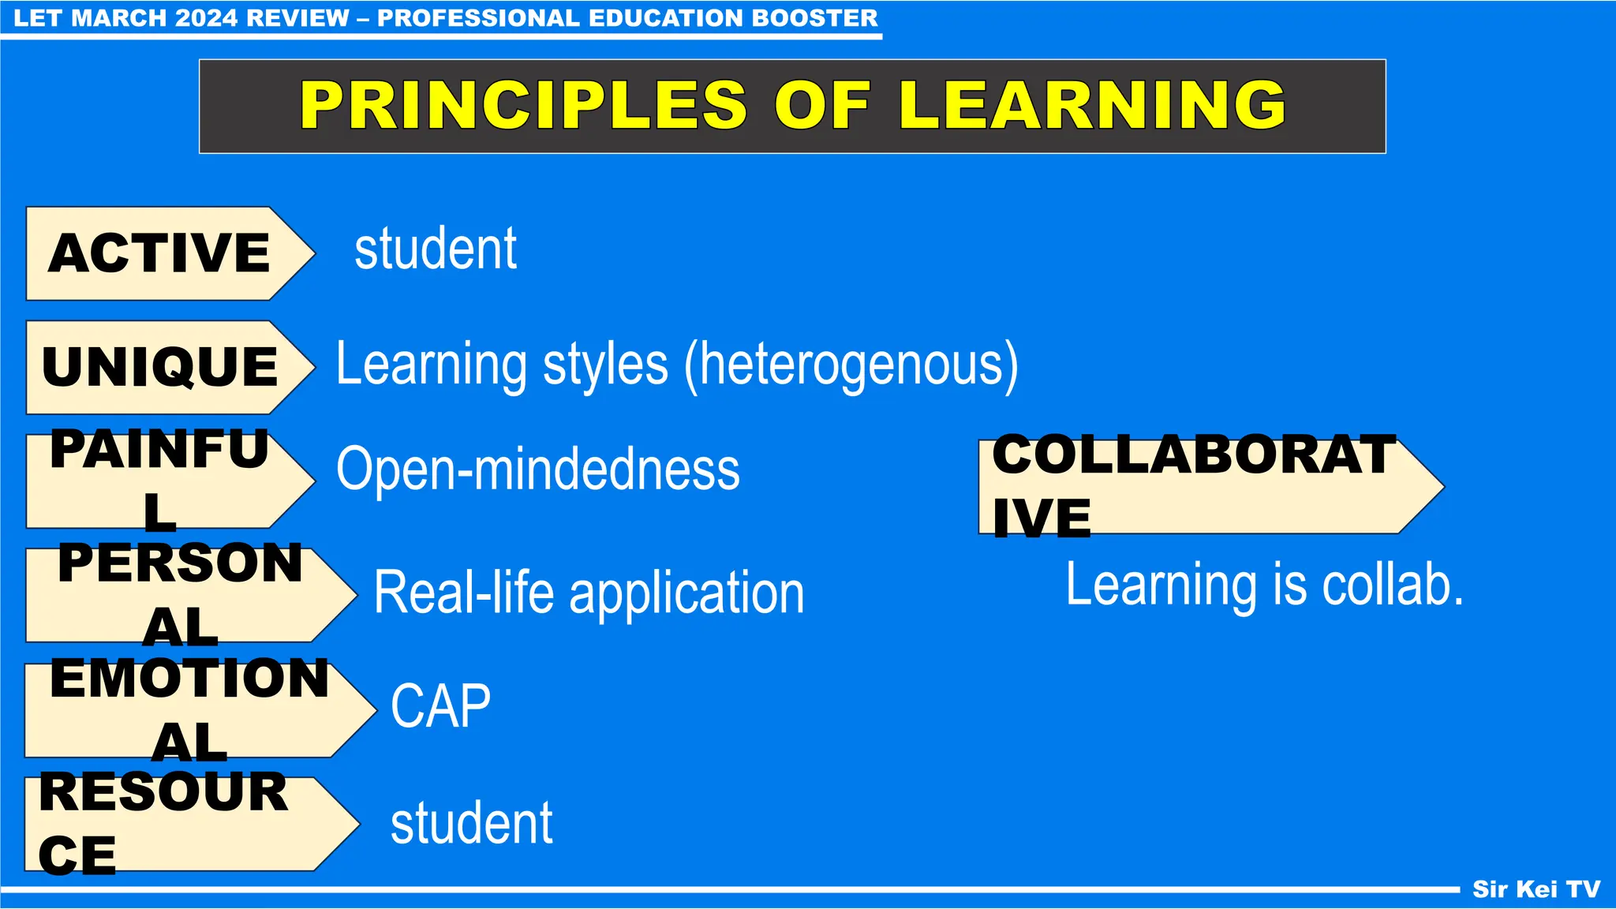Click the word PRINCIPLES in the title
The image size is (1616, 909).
(x=523, y=106)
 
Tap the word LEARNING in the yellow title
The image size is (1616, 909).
(x=1092, y=106)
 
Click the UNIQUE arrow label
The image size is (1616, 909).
(x=160, y=367)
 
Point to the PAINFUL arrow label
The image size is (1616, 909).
(x=160, y=481)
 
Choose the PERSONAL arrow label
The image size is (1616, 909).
(x=181, y=595)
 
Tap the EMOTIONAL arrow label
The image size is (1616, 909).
(x=189, y=710)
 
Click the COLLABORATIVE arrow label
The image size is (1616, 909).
(x=1194, y=486)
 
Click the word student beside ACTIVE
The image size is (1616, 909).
(x=436, y=249)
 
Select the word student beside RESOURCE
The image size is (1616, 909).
(x=472, y=824)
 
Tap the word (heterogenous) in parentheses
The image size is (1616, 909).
(x=851, y=365)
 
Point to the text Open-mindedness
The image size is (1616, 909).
(x=538, y=469)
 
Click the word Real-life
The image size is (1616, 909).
(x=464, y=593)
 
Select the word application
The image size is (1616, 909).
(x=686, y=594)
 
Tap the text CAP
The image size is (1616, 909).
(x=440, y=706)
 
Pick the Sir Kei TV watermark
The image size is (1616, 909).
(x=1536, y=889)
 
